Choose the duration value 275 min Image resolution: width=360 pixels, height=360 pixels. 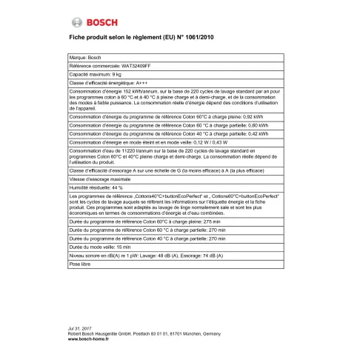pos(193,222)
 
